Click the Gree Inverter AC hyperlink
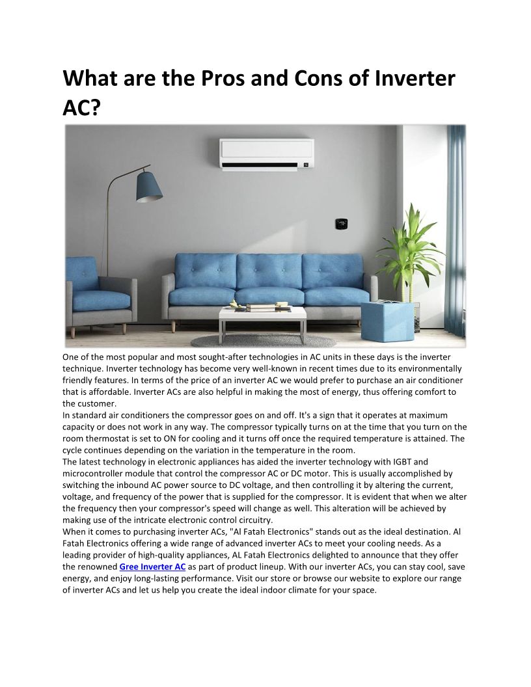coord(152,567)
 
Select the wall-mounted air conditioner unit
coord(266,154)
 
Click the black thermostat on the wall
coord(340,224)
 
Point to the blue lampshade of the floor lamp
coord(148,186)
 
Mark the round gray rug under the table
coord(264,340)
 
